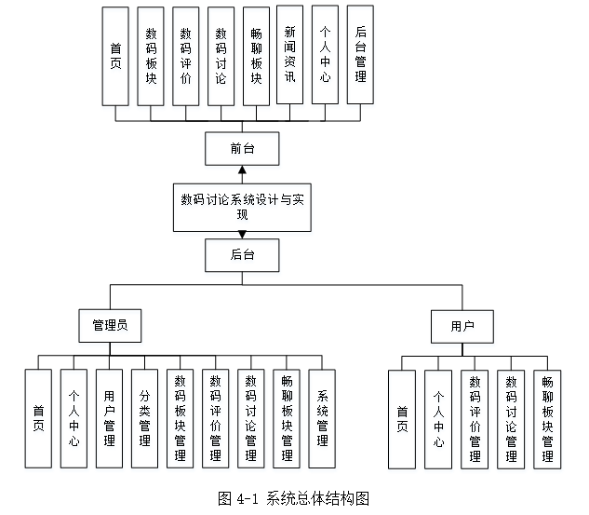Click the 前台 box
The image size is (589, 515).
coord(241,147)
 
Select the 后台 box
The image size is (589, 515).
coord(241,254)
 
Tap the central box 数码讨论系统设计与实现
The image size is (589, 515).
coord(241,206)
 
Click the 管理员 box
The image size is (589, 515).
coord(110,325)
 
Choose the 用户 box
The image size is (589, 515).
coord(462,325)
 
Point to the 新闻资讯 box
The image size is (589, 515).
coord(289,55)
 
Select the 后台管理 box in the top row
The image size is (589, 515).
coord(360,55)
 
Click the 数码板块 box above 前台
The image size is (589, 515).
coord(151,55)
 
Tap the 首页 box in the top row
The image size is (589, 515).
coord(115,55)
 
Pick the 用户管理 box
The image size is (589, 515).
coord(109,418)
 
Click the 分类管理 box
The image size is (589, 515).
coord(144,418)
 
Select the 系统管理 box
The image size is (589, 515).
coord(322,418)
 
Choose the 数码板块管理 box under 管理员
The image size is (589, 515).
coord(180,418)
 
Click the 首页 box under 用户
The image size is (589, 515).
coord(401,418)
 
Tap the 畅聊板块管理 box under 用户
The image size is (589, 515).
coord(547,418)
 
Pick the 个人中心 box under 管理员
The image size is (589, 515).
coord(74,418)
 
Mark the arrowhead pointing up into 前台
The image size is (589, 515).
coord(241,170)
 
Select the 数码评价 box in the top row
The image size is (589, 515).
coord(185,55)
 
